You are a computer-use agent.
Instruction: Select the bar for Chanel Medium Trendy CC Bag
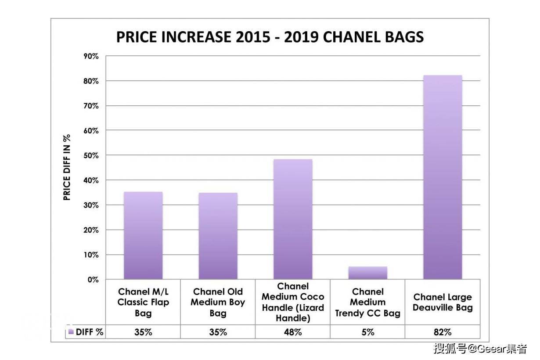[x=368, y=273]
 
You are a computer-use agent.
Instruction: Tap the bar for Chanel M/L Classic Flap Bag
[x=143, y=235]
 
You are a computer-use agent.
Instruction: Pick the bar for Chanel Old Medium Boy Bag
[x=218, y=236]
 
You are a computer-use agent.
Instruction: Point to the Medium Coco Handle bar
[x=293, y=219]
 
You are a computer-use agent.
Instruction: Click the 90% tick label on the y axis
[x=91, y=57]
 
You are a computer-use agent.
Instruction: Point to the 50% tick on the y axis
[x=91, y=155]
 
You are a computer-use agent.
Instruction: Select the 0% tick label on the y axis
[x=93, y=280]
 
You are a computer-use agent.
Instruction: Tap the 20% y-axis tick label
[x=91, y=230]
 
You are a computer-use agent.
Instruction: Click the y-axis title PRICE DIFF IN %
[x=67, y=167]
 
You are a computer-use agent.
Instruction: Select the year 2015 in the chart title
[x=252, y=37]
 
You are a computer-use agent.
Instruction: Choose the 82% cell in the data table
[x=443, y=332]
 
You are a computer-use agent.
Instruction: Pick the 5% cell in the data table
[x=368, y=332]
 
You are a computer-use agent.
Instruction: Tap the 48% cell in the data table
[x=293, y=332]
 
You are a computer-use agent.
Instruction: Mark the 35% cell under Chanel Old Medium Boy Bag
[x=218, y=332]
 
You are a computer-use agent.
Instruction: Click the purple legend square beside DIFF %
[x=71, y=332]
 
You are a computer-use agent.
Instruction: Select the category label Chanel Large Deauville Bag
[x=443, y=302]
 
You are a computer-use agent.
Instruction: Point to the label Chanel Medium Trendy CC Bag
[x=368, y=302]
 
